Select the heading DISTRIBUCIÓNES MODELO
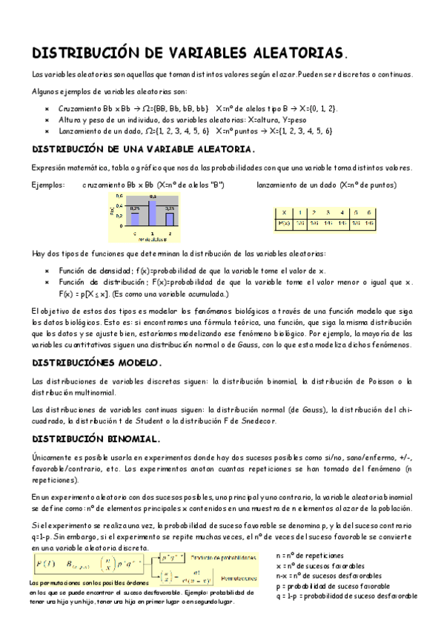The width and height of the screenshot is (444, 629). [x=96, y=363]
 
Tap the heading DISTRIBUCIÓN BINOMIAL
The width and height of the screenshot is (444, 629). [x=96, y=438]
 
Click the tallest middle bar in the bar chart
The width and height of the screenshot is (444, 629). [x=152, y=213]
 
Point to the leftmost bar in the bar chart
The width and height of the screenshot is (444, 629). [x=135, y=218]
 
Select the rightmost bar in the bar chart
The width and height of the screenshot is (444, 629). [x=169, y=218]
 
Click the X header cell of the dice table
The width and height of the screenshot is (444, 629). [x=285, y=212]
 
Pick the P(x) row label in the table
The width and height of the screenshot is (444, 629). [x=284, y=223]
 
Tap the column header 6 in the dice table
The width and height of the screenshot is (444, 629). [x=368, y=212]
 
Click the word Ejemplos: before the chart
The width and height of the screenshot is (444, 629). [x=48, y=185]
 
